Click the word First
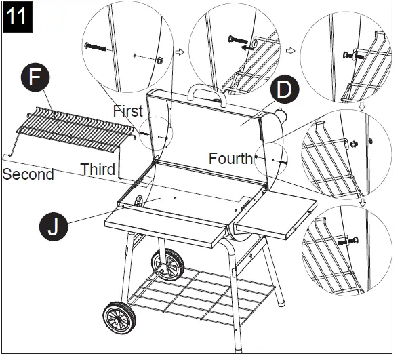point(128,111)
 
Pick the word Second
point(28,174)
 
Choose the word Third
point(98,169)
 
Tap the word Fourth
point(230,159)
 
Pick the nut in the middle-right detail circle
point(353,143)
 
